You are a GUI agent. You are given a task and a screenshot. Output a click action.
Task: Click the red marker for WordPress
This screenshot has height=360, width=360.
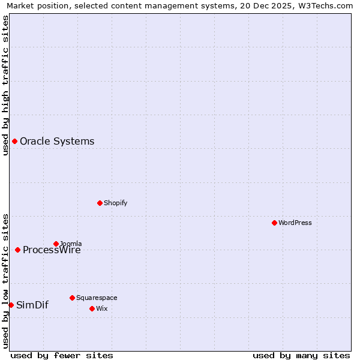(x=274, y=223)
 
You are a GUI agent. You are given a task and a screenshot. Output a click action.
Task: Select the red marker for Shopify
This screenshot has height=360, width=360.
(x=100, y=203)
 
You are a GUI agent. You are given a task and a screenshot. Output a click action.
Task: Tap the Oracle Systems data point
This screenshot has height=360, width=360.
(x=14, y=141)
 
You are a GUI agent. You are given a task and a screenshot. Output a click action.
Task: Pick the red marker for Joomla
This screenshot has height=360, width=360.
(x=56, y=244)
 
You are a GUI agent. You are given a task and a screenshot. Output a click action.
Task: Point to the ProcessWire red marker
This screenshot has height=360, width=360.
(x=17, y=250)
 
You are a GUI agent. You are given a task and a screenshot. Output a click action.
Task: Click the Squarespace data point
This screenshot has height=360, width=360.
(x=72, y=298)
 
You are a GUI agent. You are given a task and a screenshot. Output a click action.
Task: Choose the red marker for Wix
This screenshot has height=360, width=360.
(x=92, y=308)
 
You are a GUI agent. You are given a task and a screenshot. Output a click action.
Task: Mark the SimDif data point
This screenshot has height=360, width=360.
(x=11, y=305)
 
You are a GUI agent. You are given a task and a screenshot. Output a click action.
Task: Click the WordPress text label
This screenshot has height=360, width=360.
(x=295, y=223)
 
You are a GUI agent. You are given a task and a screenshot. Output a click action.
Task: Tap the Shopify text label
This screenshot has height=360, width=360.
(x=115, y=203)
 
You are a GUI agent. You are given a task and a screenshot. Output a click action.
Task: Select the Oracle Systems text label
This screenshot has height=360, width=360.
(x=57, y=142)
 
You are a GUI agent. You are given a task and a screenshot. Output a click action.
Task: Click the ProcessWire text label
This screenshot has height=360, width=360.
(x=52, y=251)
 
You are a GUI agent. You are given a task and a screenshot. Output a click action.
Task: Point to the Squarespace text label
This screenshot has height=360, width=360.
(x=97, y=298)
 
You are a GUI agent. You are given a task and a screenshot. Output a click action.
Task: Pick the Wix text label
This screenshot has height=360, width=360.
(x=101, y=308)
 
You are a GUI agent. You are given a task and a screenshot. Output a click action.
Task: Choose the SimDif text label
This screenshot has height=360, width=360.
(x=32, y=305)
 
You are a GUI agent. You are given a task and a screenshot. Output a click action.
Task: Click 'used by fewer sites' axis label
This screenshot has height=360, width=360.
(x=62, y=355)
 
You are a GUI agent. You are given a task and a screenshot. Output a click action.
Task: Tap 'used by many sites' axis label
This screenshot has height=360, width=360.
(x=301, y=355)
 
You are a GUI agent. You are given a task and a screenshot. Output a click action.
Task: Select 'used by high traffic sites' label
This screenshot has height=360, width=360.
(x=5, y=85)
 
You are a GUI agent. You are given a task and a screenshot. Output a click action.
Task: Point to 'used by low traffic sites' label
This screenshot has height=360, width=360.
(x=5, y=281)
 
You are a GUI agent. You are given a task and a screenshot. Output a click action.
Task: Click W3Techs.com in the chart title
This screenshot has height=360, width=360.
(x=325, y=5)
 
